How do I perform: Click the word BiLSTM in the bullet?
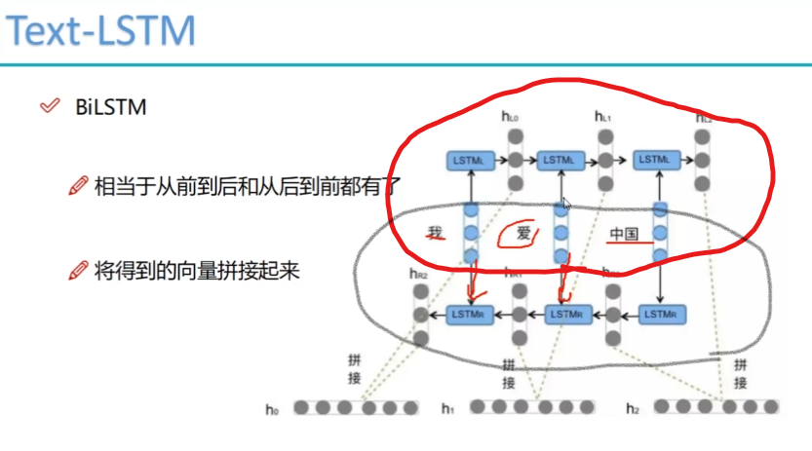point(110,107)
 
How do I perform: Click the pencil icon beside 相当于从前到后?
point(78,185)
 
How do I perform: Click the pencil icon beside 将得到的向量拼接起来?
point(78,271)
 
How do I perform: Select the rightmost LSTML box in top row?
point(656,159)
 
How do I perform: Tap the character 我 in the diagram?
point(436,233)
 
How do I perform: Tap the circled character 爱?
point(524,234)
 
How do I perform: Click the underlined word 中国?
point(624,234)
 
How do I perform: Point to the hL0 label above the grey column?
point(510,117)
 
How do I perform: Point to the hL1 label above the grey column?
point(603,117)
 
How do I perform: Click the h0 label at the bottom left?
point(272,409)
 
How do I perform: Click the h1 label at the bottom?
point(448,409)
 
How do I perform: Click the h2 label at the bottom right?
point(633,409)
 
